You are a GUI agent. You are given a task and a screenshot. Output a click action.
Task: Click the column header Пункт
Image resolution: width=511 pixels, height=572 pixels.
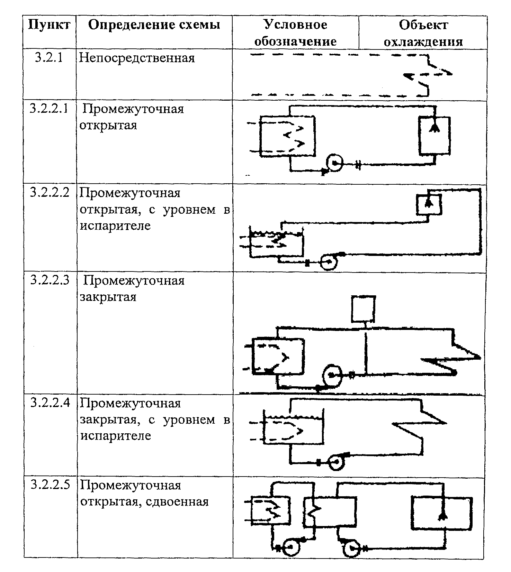coord(49,25)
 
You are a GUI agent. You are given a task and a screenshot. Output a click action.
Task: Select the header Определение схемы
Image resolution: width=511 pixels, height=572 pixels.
coord(154,25)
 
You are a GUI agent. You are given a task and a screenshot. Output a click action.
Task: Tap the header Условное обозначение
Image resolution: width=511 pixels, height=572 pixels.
coord(295,33)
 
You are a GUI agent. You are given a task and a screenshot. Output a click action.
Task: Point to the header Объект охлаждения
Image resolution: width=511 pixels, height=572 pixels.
coord(423,33)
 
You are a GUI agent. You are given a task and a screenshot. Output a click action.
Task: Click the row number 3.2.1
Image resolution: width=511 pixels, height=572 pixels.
coord(49,58)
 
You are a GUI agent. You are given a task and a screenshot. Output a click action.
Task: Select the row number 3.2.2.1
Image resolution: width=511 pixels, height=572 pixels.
coord(49,109)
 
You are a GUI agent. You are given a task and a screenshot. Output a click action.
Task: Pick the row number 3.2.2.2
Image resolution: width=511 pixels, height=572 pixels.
coord(49,193)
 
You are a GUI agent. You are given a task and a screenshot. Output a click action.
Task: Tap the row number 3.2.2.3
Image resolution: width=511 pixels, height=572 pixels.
coord(49,280)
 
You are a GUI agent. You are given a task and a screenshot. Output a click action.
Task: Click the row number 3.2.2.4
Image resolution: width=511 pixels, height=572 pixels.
coord(49,403)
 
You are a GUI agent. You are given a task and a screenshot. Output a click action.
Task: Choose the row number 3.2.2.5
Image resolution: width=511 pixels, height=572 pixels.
coord(49,485)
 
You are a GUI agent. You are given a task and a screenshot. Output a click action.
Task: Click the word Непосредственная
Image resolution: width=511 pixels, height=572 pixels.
coord(137,58)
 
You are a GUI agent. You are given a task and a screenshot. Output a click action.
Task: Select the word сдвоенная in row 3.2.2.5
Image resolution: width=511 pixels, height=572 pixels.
coord(178,501)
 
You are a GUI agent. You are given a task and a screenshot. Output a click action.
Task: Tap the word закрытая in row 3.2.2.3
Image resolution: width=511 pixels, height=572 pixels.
coord(108,297)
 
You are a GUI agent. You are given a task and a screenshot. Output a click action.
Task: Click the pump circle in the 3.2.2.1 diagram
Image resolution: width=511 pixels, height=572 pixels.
coord(334,163)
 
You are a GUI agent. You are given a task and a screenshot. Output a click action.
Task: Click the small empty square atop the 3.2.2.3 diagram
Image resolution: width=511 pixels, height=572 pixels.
coord(363,308)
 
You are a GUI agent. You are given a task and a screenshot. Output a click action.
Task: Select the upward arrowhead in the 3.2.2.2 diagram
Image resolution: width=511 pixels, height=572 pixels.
coord(429,203)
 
